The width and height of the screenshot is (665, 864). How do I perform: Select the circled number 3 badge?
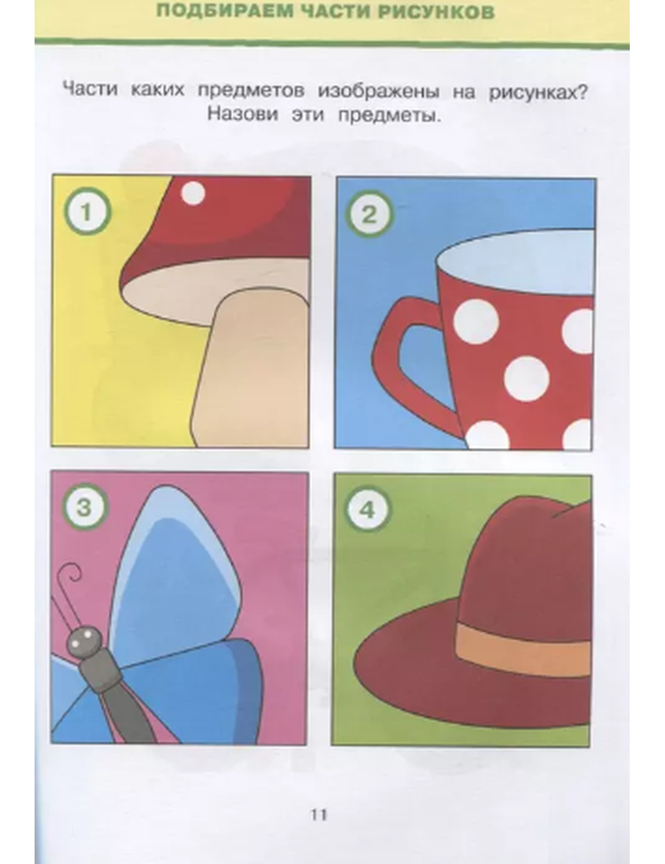pyautogui.click(x=84, y=508)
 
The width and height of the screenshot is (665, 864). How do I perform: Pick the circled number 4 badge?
pyautogui.click(x=367, y=509)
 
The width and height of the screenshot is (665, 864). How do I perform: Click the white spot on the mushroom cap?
pyautogui.click(x=193, y=193)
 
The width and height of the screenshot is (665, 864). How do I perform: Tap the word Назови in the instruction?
pyautogui.click(x=243, y=114)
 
